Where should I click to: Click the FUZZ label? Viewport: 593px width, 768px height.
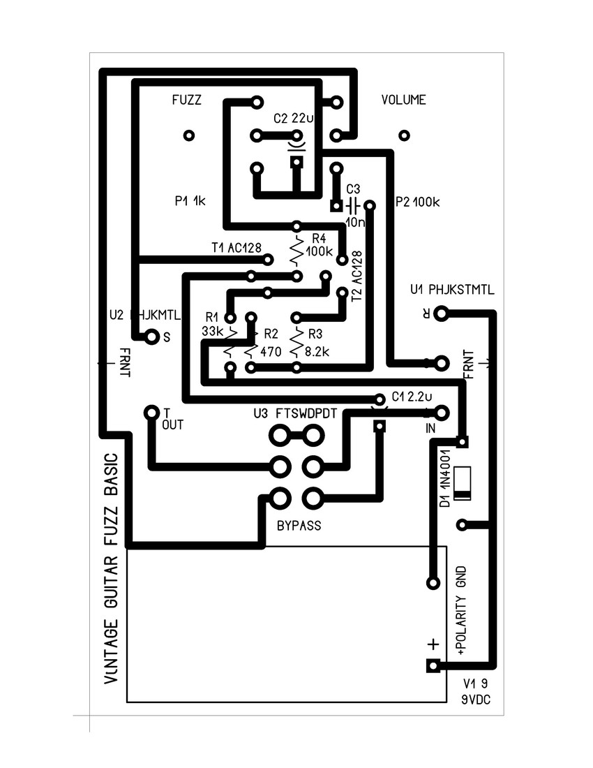(186, 101)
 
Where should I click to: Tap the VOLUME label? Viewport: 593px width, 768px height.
(403, 101)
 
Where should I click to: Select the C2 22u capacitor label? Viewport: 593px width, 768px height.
(293, 119)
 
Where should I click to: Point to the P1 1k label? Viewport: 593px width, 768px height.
(190, 202)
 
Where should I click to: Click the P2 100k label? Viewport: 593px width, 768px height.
(416, 202)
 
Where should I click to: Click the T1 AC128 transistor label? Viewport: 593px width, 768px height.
(236, 248)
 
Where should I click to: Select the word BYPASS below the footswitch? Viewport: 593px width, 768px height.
(298, 526)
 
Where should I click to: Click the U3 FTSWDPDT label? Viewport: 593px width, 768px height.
(296, 413)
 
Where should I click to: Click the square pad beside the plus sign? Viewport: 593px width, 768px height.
(433, 666)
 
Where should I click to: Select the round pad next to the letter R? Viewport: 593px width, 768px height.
(440, 315)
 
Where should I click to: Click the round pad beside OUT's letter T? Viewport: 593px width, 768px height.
(150, 413)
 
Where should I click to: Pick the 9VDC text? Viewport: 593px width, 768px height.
(475, 700)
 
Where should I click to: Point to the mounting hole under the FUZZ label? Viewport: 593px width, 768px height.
(188, 135)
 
